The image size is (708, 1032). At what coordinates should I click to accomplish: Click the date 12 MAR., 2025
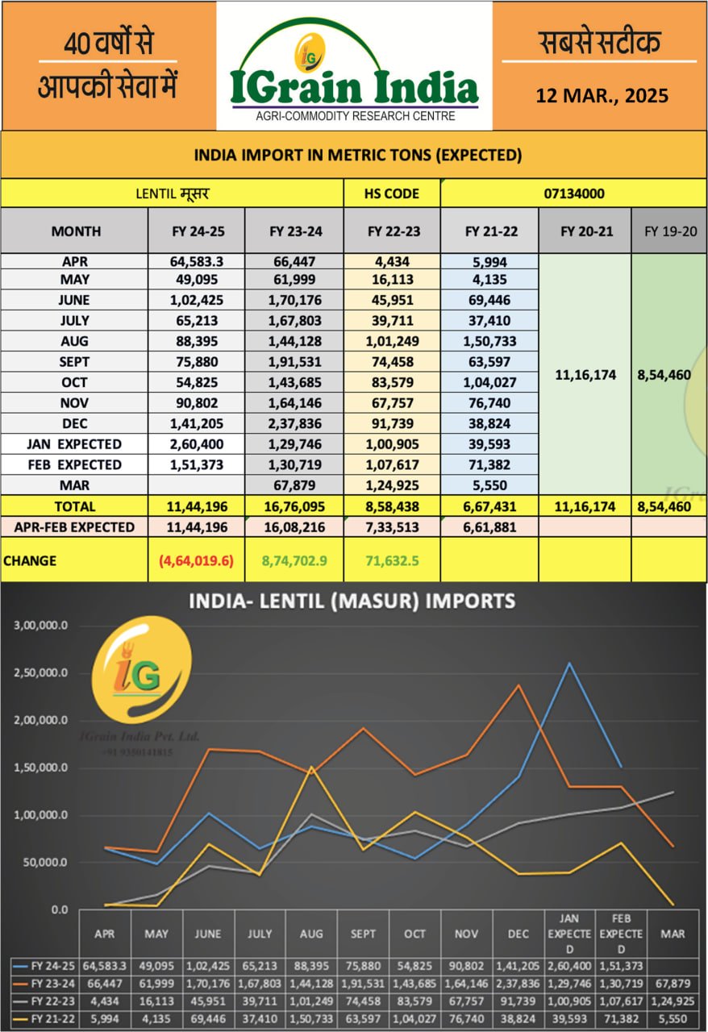[x=602, y=96]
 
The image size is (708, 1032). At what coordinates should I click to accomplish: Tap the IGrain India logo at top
[x=354, y=74]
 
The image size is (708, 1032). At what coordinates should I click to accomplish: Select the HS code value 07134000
[x=574, y=193]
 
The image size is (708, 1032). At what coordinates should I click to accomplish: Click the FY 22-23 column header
[x=392, y=231]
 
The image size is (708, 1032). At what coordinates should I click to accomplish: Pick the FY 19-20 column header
[x=668, y=231]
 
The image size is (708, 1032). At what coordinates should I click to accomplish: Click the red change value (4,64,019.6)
[x=196, y=560]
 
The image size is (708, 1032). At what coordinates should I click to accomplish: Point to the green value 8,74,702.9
[x=294, y=560]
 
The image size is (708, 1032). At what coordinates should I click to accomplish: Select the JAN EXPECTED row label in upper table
[x=73, y=444]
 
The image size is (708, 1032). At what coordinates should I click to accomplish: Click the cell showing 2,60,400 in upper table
[x=196, y=444]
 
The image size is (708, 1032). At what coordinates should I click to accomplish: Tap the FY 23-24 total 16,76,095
[x=294, y=507]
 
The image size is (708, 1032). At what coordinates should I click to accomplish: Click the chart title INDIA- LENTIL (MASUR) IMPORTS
[x=352, y=601]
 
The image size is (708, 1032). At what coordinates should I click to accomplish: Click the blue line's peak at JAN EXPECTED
[x=569, y=664]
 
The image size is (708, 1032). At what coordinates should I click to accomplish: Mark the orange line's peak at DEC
[x=518, y=685]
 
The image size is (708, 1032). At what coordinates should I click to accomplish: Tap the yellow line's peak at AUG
[x=311, y=767]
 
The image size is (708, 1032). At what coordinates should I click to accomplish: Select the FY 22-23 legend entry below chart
[x=45, y=999]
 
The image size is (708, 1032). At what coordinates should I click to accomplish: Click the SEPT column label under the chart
[x=363, y=934]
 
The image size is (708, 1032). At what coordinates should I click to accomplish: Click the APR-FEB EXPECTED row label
[x=73, y=526]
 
